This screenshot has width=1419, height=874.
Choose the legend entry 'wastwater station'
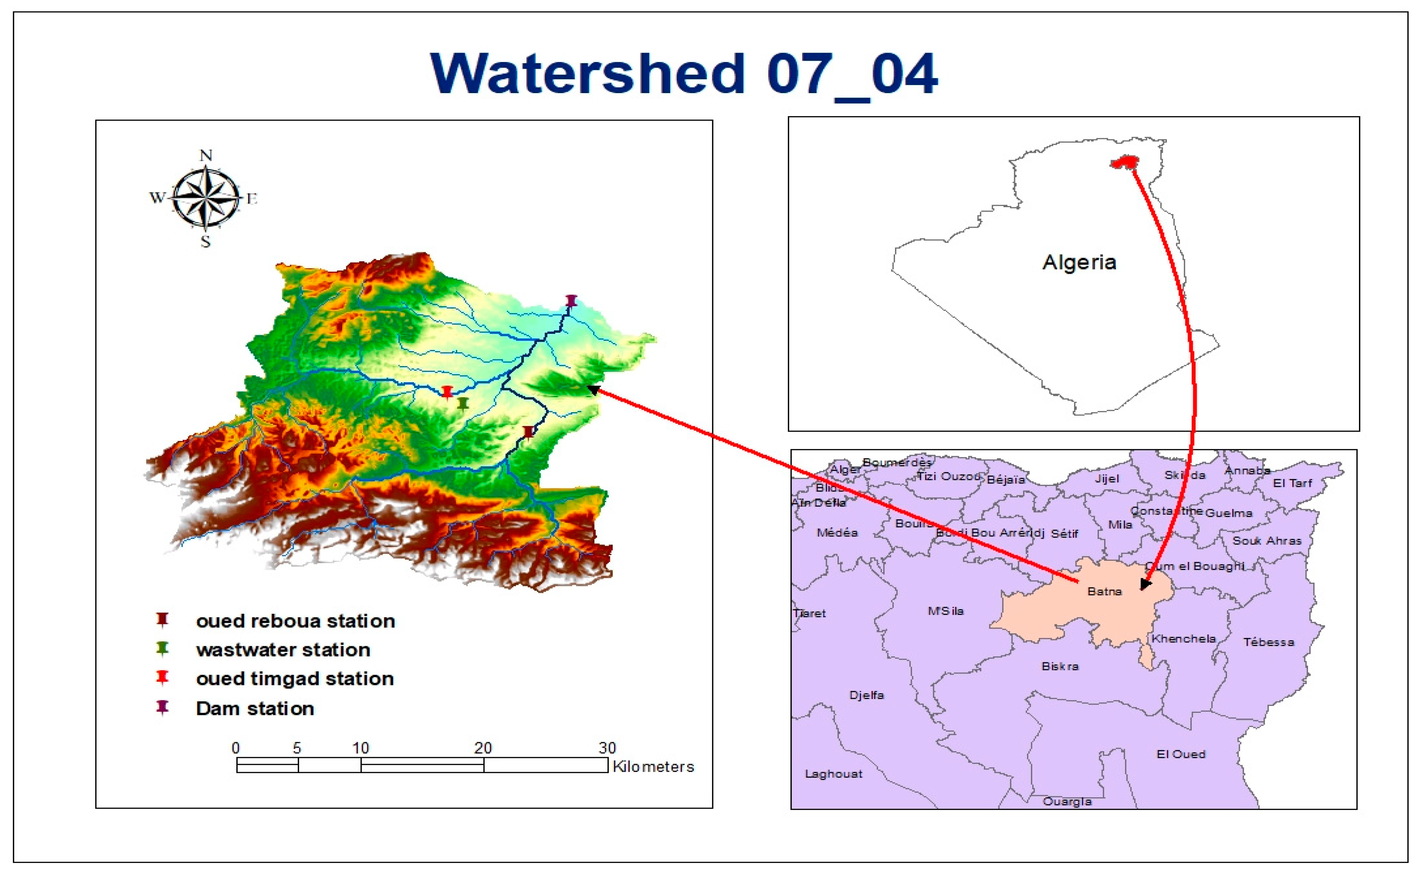[x=283, y=650]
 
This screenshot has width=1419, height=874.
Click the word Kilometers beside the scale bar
[x=653, y=767]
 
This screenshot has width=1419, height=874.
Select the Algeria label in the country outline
[x=1079, y=262]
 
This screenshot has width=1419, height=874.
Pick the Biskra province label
[x=1060, y=666]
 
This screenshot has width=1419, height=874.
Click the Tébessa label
[x=1269, y=642]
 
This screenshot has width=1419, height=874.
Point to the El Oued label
[x=1181, y=754]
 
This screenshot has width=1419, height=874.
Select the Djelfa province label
[x=866, y=695]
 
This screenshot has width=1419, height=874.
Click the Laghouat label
[x=833, y=774]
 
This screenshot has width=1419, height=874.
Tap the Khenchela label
[x=1184, y=639]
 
